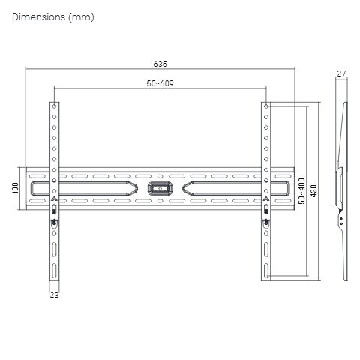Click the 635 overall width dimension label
click(x=160, y=64)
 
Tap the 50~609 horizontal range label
click(x=160, y=83)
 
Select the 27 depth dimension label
click(x=341, y=73)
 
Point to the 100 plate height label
click(x=16, y=188)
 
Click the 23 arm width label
click(x=54, y=295)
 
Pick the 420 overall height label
click(x=313, y=191)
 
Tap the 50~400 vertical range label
click(x=302, y=191)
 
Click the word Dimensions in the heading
click(x=38, y=17)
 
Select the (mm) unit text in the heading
click(x=82, y=17)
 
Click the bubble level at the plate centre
click(x=160, y=188)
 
